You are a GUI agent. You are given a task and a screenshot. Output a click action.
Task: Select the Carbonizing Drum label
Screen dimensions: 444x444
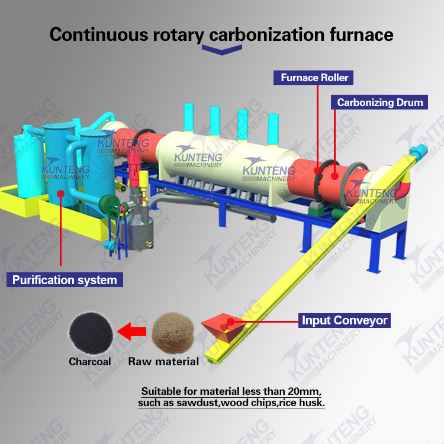click(379, 102)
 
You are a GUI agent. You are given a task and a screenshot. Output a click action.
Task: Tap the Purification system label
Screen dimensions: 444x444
click(65, 279)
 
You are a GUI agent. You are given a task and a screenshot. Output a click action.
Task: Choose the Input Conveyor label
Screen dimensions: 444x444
click(345, 321)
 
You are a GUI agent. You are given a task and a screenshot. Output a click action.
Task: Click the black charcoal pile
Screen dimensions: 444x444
click(89, 332)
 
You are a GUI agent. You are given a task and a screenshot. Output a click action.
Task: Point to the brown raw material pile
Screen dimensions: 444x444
click(173, 333)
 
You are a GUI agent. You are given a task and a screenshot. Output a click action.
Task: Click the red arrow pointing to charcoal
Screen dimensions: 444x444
click(131, 332)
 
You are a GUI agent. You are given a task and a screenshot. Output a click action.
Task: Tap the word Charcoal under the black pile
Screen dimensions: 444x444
click(89, 361)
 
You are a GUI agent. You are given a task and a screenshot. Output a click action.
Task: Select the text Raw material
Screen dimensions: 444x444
click(163, 361)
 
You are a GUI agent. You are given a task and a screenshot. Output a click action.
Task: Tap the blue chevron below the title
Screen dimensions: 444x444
click(222, 51)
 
